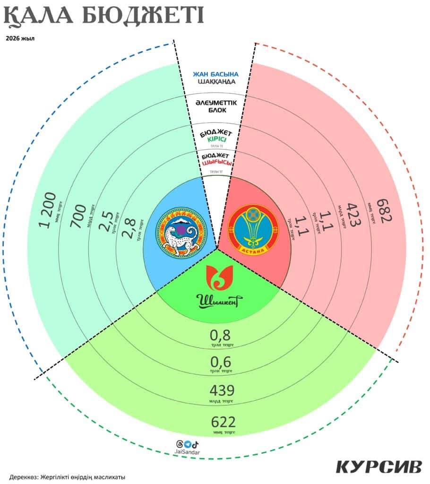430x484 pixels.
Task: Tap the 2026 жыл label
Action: pos(20,38)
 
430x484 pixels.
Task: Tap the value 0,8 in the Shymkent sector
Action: pos(220,336)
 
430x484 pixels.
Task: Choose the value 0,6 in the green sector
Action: pos(220,362)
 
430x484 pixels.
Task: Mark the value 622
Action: pos(223,422)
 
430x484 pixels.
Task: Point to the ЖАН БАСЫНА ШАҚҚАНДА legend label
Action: pos(215,78)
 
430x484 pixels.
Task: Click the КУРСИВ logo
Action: pos(378,466)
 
